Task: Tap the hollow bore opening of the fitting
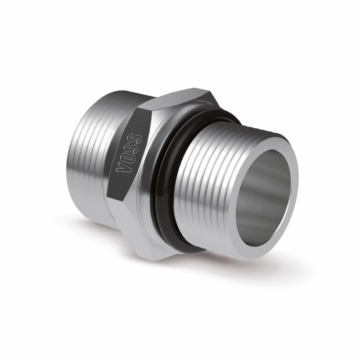click(264, 194)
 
